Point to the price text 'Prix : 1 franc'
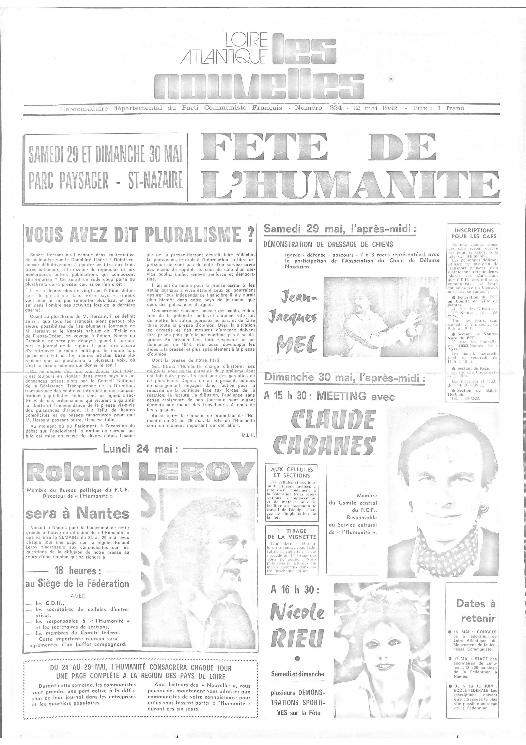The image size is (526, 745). [438, 108]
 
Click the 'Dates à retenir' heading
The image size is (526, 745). [475, 610]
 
